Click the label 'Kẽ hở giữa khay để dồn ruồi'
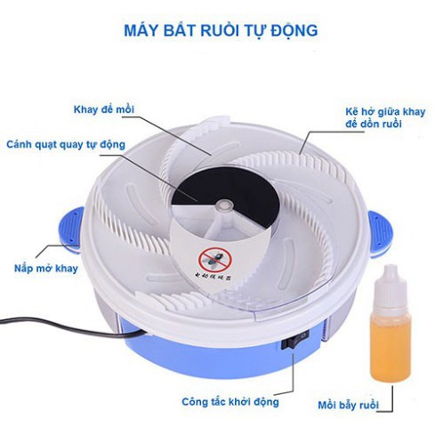(377, 117)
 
